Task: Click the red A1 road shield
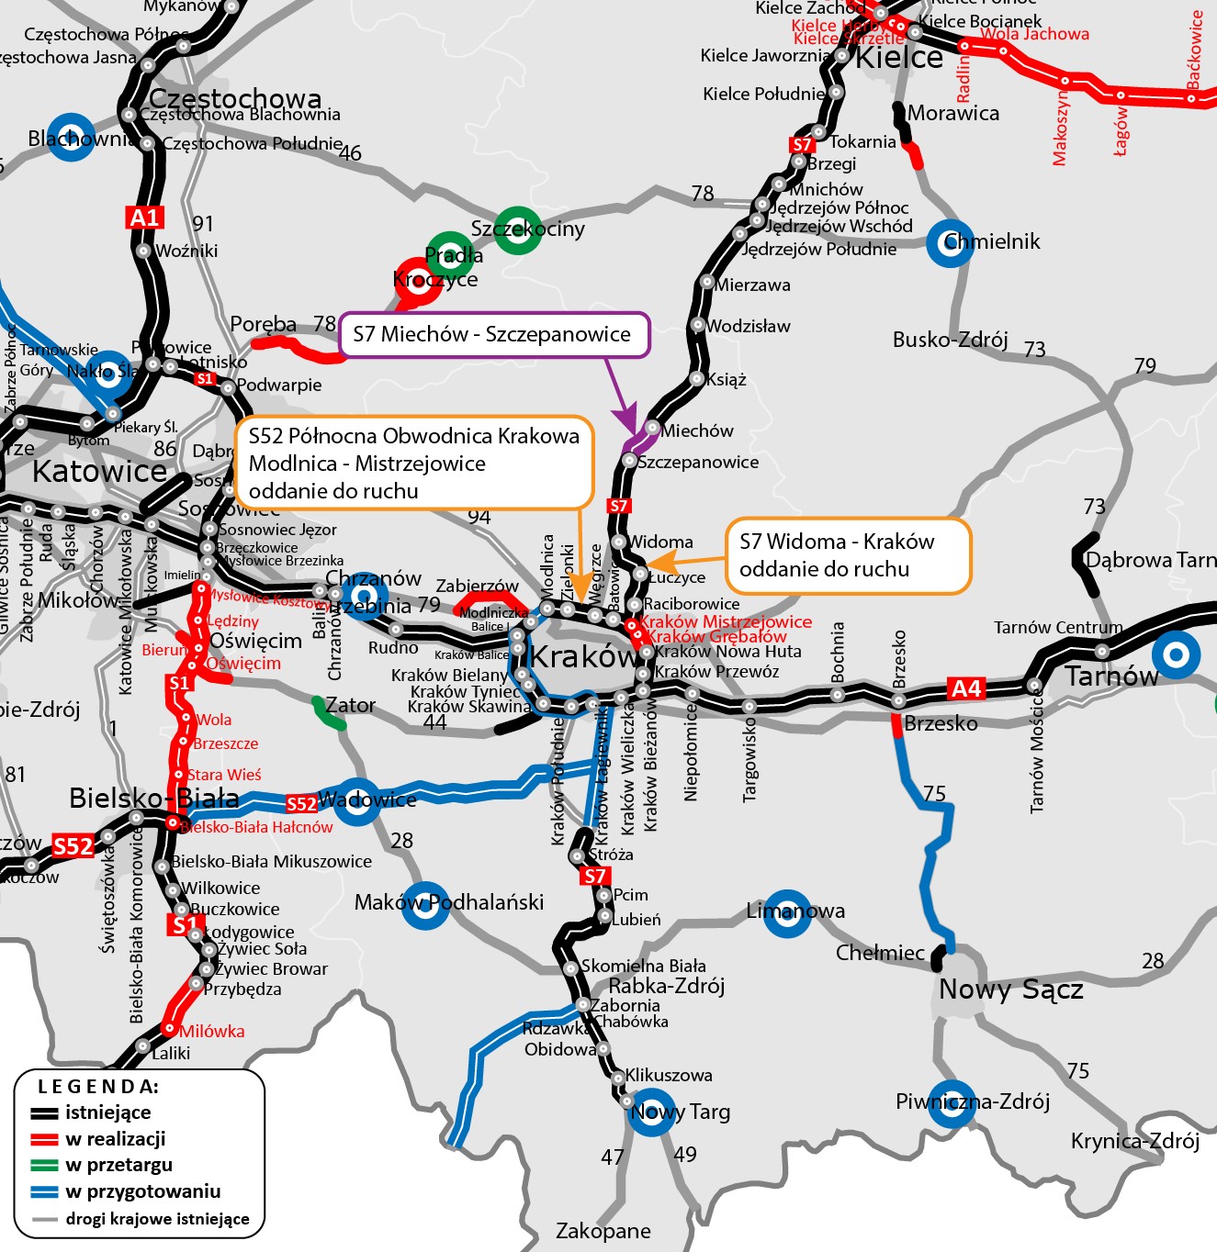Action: click(145, 218)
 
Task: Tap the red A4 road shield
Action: click(965, 688)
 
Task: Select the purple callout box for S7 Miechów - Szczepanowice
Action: click(494, 335)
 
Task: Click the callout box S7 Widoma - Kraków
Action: click(848, 555)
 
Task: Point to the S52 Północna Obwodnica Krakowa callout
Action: click(414, 463)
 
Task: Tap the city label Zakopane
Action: click(603, 1231)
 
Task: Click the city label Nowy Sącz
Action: click(1010, 989)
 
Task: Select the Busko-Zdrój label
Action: click(950, 340)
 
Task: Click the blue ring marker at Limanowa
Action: click(787, 913)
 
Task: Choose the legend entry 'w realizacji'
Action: click(115, 1139)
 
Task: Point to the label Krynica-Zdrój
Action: click(1134, 1141)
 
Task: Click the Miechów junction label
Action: click(697, 430)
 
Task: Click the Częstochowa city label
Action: click(235, 98)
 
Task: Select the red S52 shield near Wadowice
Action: click(301, 804)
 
